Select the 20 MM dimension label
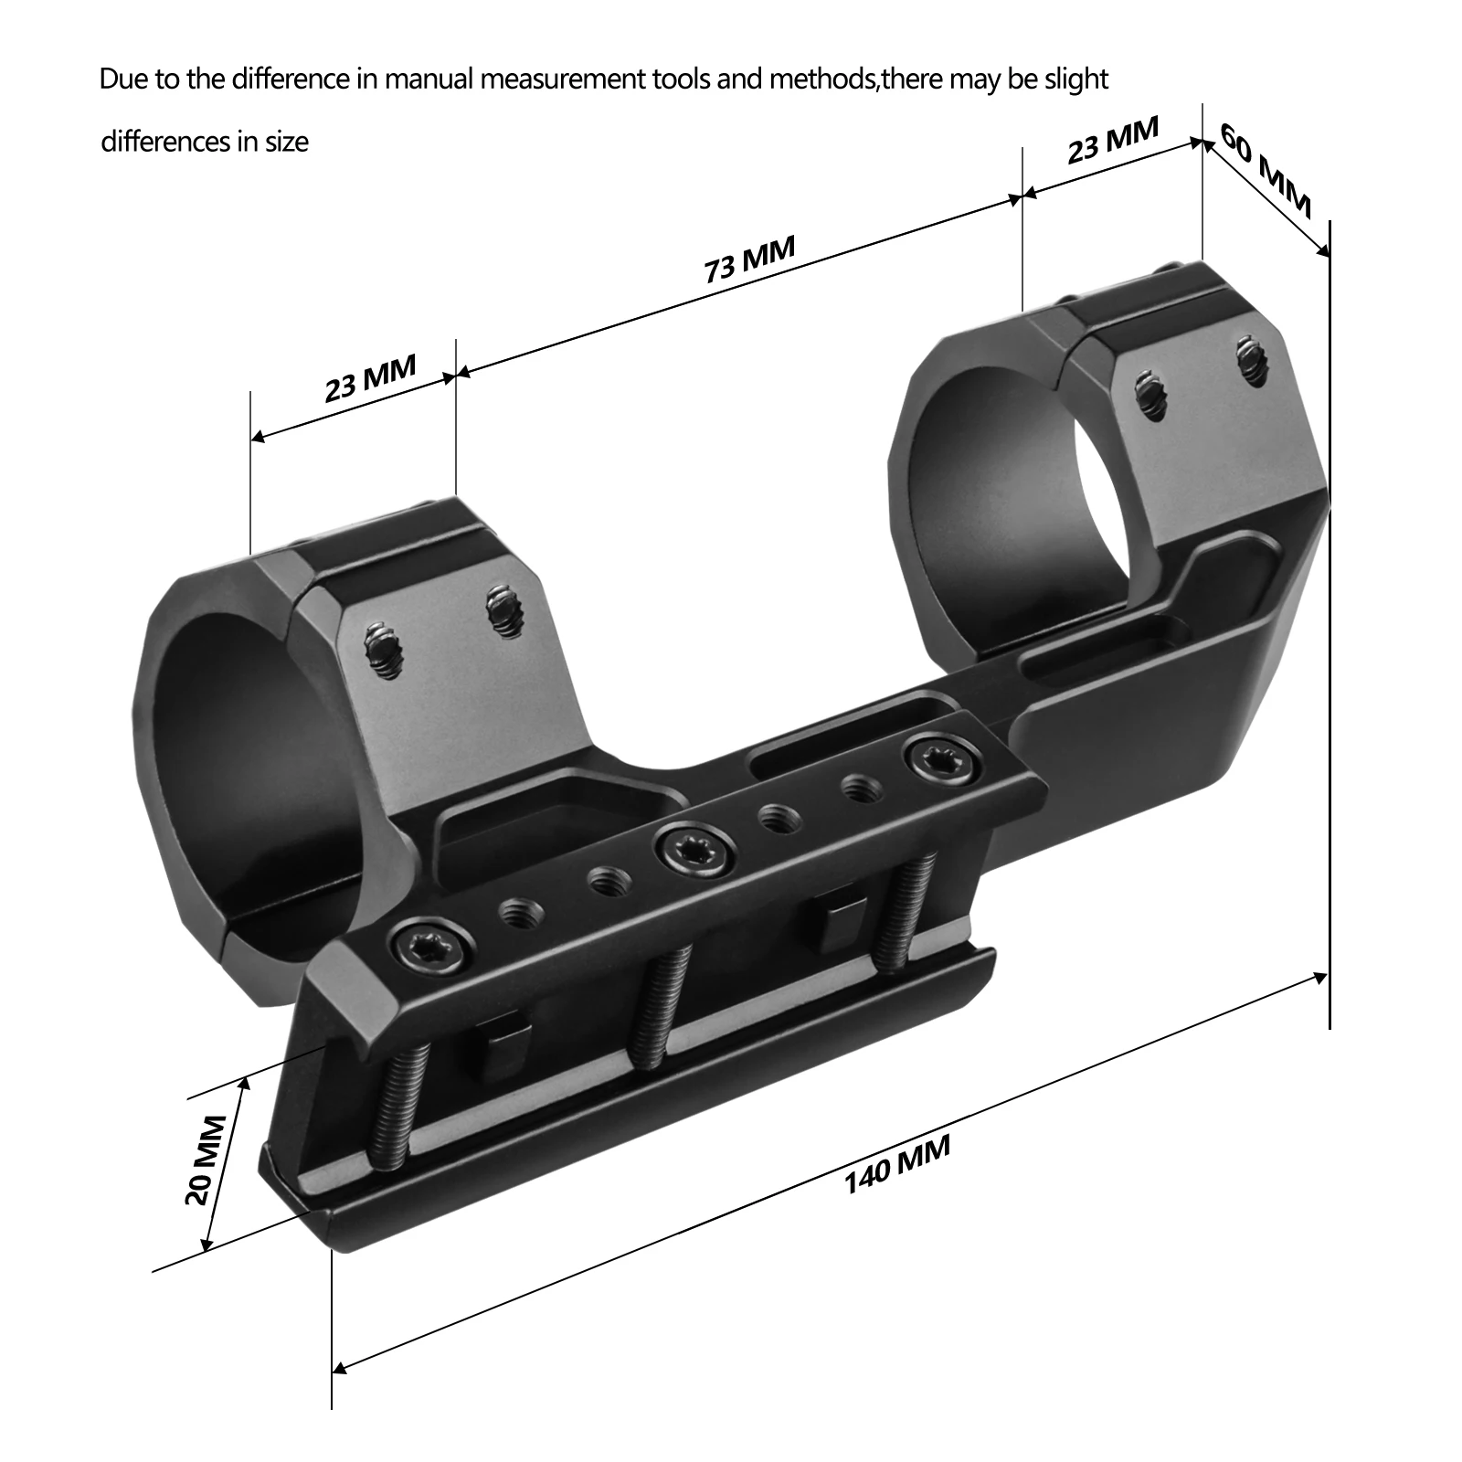tap(205, 1160)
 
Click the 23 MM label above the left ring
tap(370, 376)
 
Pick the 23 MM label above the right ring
tap(1112, 140)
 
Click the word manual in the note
tap(429, 79)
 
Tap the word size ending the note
tap(287, 143)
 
